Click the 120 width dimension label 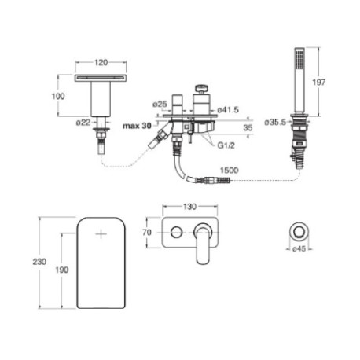click(101, 62)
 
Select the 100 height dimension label click(58, 96)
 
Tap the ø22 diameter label click(83, 123)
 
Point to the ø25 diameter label click(160, 104)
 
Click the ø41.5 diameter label click(228, 109)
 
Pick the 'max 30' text click(137, 126)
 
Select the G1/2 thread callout click(226, 145)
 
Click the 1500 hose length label click(229, 171)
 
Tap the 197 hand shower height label click(319, 83)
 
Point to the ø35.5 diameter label click(275, 123)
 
